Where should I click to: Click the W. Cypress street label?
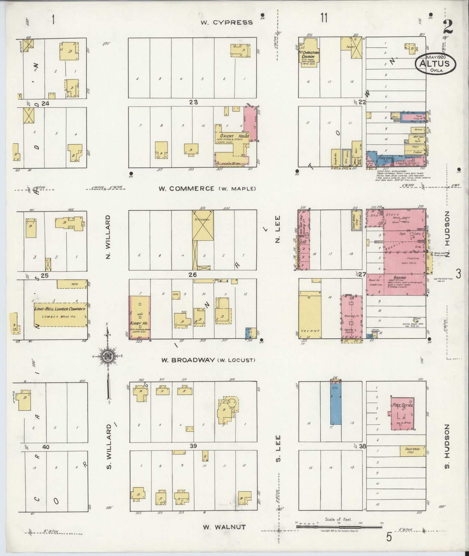[226, 22]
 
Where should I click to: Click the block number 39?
[193, 446]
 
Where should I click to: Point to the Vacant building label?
[310, 331]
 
